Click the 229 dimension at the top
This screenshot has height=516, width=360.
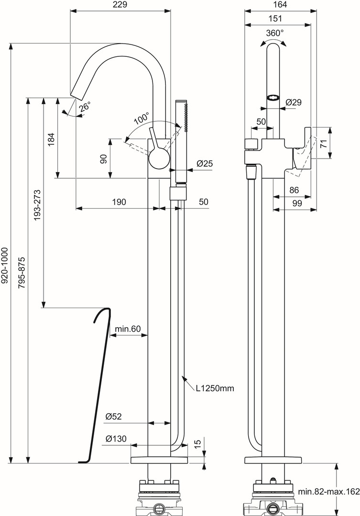point(120,4)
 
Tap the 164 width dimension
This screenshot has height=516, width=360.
point(280,4)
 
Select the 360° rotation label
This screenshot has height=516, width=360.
point(275,33)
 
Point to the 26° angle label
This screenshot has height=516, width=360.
point(85,107)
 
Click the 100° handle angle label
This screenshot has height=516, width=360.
point(142,118)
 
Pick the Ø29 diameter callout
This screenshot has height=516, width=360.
point(294,102)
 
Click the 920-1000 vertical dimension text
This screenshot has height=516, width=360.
point(5,266)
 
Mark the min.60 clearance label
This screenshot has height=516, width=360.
point(128,329)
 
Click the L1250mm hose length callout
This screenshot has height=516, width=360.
point(215,388)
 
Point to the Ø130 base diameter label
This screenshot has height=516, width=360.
point(116,439)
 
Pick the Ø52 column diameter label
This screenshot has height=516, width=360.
point(114,417)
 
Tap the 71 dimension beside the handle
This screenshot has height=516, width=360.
point(324,142)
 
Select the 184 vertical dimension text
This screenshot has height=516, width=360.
point(52,139)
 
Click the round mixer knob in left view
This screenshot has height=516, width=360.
point(159,159)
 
